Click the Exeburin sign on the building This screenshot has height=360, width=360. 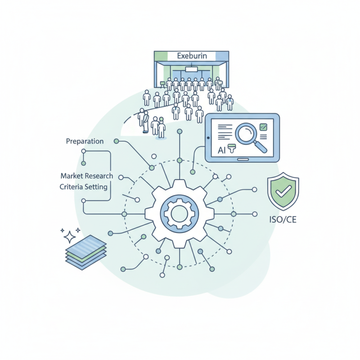(x=192, y=56)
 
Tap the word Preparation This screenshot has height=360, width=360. (x=85, y=141)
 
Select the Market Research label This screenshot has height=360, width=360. (x=87, y=176)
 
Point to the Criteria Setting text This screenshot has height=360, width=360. (x=84, y=187)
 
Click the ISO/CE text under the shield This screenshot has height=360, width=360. (x=283, y=220)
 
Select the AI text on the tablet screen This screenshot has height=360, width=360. (x=221, y=150)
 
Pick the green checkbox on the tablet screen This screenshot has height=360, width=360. (x=263, y=127)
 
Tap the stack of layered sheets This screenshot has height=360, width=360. (x=86, y=252)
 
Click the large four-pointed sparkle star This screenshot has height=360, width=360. (x=70, y=237)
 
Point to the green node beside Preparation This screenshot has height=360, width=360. (x=117, y=141)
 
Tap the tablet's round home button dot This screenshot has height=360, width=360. (x=208, y=138)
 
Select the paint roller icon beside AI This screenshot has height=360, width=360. (x=232, y=148)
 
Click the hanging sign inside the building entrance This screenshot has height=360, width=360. (x=192, y=69)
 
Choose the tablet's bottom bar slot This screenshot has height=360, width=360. (x=243, y=159)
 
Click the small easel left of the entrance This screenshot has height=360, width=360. (x=162, y=84)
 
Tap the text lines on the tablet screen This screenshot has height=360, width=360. (x=225, y=132)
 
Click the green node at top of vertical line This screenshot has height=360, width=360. (x=180, y=131)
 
